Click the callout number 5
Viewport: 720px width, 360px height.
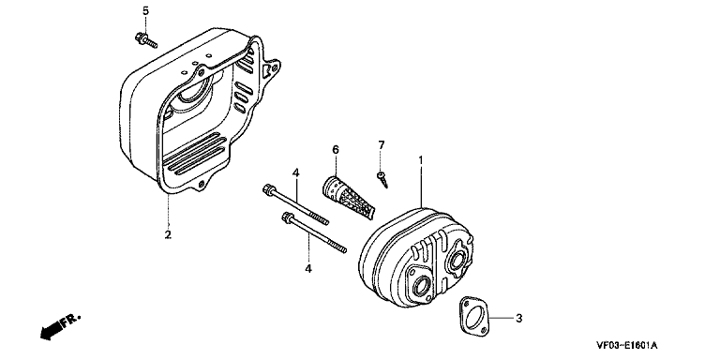pyautogui.click(x=145, y=11)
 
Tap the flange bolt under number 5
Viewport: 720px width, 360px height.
pyautogui.click(x=146, y=40)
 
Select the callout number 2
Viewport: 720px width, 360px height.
pyautogui.click(x=168, y=234)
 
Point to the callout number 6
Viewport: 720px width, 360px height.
pyautogui.click(x=336, y=149)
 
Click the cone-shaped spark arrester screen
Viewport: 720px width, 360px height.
pyautogui.click(x=348, y=197)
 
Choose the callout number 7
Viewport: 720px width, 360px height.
pyautogui.click(x=382, y=145)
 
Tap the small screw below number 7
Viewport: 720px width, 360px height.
pyautogui.click(x=382, y=179)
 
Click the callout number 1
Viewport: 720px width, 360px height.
pyautogui.click(x=421, y=160)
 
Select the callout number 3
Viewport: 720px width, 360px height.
pyautogui.click(x=518, y=318)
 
